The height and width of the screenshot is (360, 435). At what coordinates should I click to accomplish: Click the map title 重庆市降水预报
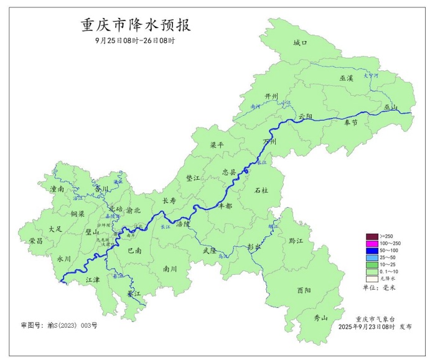[x=136, y=25]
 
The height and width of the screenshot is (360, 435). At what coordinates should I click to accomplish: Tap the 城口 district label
[x=301, y=42]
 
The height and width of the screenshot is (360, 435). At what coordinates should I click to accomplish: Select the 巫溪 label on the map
[x=346, y=78]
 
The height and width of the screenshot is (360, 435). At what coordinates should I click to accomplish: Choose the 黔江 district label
[x=296, y=240]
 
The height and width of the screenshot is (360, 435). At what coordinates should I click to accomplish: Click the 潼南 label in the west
[x=57, y=188]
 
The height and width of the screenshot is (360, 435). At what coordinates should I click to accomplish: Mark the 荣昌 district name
[x=36, y=240]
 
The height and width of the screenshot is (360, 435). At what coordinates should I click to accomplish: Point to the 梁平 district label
[x=217, y=144]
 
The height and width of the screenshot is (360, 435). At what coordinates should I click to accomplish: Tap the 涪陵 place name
[x=183, y=223]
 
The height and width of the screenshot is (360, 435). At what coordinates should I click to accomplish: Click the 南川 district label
[x=170, y=269]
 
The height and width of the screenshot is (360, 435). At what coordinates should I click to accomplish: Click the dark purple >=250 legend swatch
[x=372, y=236]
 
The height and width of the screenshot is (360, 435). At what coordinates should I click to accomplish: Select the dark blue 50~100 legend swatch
[x=372, y=250]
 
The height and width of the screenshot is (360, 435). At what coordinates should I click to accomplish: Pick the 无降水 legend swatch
[x=372, y=278]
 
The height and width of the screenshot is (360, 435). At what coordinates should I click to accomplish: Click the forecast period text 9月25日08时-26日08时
[x=135, y=41]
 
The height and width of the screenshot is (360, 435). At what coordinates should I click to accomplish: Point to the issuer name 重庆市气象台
[x=375, y=318]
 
